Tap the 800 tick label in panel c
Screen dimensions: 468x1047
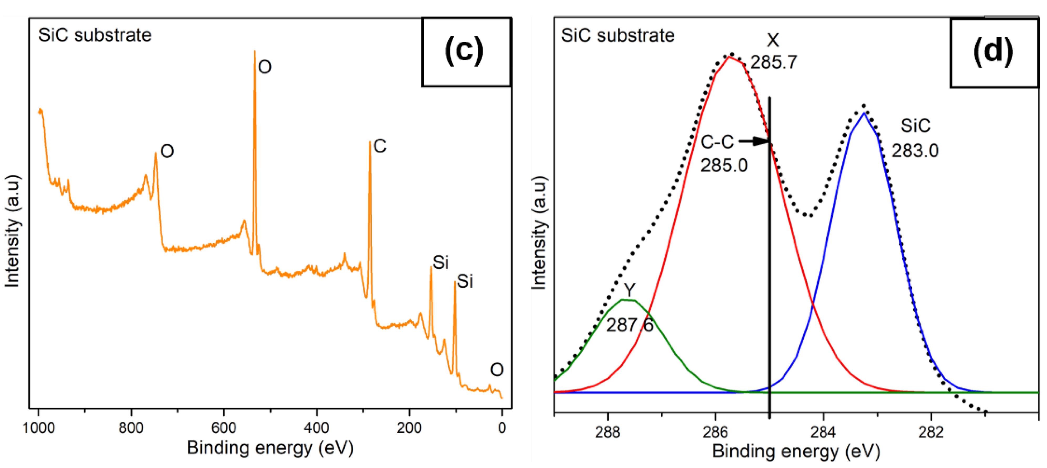pos(131,428)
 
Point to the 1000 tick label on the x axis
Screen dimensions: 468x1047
pos(39,428)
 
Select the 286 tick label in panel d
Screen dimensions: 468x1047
pos(715,432)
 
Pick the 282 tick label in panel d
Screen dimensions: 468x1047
pos(931,432)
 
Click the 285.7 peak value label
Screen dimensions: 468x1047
pos(774,62)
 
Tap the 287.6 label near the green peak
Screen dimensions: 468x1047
pos(629,325)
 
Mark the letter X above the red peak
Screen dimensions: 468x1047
pos(773,40)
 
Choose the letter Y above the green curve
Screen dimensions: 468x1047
pos(629,290)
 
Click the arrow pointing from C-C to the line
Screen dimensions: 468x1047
pos(754,141)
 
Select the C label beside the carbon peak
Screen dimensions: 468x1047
pos(380,146)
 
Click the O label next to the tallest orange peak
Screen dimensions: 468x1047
pos(265,67)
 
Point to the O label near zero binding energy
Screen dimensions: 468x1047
pos(497,369)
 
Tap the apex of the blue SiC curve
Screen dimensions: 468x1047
pos(863,113)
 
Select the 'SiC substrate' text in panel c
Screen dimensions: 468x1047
pos(95,35)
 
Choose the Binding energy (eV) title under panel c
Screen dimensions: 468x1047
pos(270,448)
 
